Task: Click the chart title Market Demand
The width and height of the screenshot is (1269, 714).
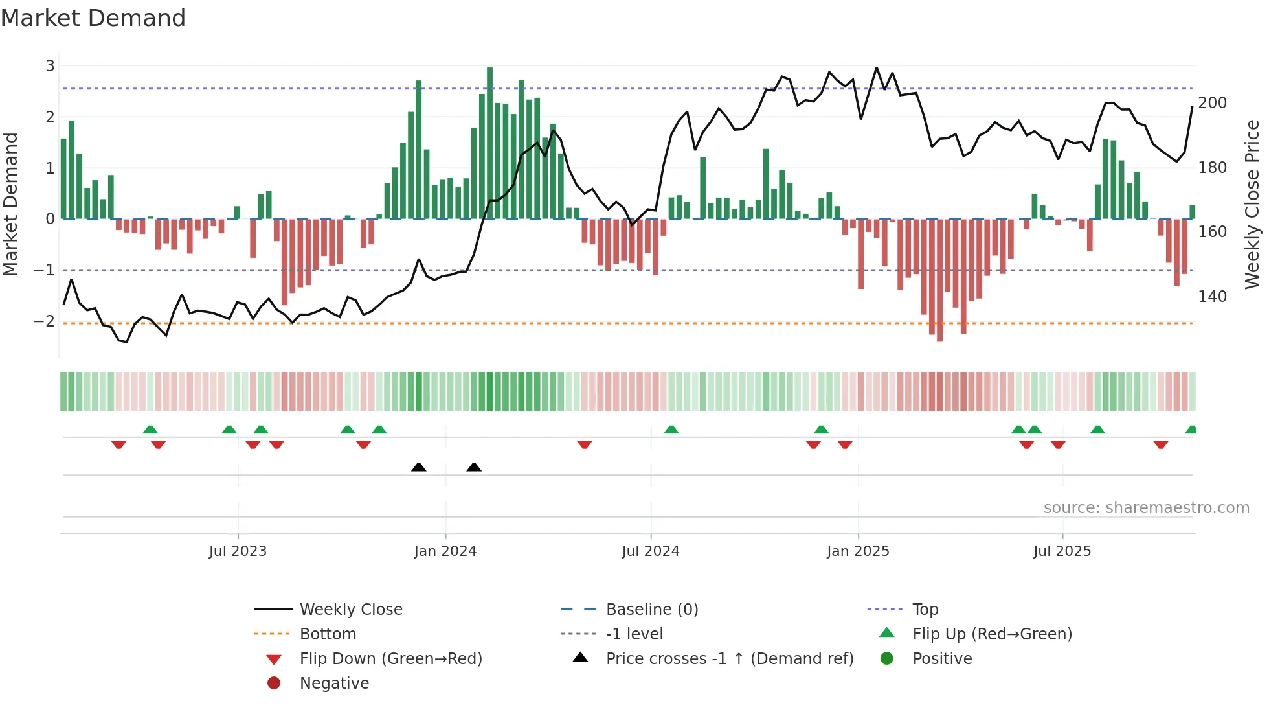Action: click(x=93, y=18)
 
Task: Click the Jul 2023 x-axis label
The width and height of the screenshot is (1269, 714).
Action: click(x=238, y=551)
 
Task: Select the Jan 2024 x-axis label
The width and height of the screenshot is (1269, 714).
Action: click(x=445, y=551)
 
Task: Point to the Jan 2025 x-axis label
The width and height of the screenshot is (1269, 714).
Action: click(x=858, y=551)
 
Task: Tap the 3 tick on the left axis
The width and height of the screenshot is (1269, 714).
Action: click(x=50, y=65)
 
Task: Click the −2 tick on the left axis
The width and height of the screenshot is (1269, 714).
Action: click(x=44, y=321)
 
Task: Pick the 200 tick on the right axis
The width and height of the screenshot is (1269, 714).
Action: click(x=1212, y=103)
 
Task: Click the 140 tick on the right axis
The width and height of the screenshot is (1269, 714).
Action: click(x=1212, y=297)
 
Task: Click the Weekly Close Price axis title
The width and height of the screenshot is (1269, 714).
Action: click(x=1252, y=204)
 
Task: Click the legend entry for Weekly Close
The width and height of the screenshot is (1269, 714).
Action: click(x=350, y=610)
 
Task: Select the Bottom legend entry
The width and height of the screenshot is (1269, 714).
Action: click(x=328, y=634)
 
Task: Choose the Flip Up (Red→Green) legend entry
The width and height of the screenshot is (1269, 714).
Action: click(x=992, y=634)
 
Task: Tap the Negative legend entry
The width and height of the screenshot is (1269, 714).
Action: click(x=334, y=684)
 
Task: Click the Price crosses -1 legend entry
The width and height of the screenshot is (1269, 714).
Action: click(x=729, y=659)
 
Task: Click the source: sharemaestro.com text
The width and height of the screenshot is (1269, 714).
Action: click(x=1146, y=508)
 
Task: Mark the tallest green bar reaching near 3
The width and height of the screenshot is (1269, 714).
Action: click(x=490, y=143)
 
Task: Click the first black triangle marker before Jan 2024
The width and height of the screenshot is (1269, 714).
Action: click(x=419, y=467)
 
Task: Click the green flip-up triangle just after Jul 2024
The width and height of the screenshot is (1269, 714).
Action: click(x=671, y=430)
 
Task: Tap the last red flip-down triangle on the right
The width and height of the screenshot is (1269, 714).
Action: click(x=1160, y=444)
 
